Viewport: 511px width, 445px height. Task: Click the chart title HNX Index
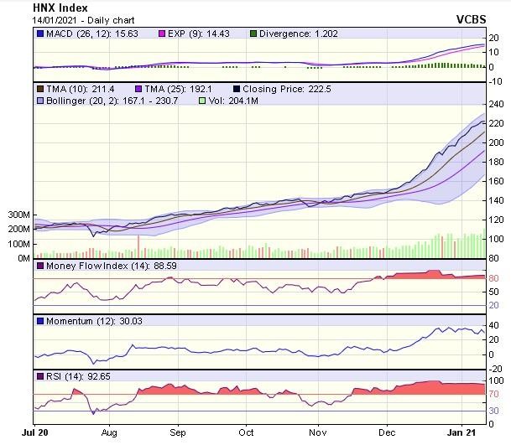click(60, 8)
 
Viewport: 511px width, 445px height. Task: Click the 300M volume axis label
click(17, 215)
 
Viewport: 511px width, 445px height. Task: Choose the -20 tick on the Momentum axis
click(495, 369)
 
